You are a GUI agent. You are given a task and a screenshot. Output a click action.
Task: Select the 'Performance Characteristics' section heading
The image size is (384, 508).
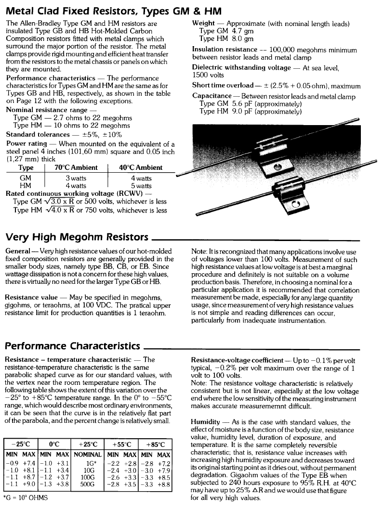pos(72,346)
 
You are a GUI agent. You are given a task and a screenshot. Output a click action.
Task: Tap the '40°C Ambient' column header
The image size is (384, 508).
pos(141,168)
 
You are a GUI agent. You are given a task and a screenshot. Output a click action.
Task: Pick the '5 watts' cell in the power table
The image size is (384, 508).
pos(141,186)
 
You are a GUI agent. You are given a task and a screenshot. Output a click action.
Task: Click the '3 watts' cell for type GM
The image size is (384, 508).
pos(76,178)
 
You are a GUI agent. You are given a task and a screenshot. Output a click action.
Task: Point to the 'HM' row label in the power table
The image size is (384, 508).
pos(25,186)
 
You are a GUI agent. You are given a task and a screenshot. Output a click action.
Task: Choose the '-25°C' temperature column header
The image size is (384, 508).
pos(20,444)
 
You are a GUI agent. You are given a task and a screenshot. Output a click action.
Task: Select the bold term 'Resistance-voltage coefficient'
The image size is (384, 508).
pos(237,360)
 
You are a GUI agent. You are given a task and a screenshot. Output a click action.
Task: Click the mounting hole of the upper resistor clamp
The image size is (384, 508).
pos(278,168)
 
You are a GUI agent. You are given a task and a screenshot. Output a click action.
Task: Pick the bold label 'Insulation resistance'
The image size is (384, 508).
pos(225,50)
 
